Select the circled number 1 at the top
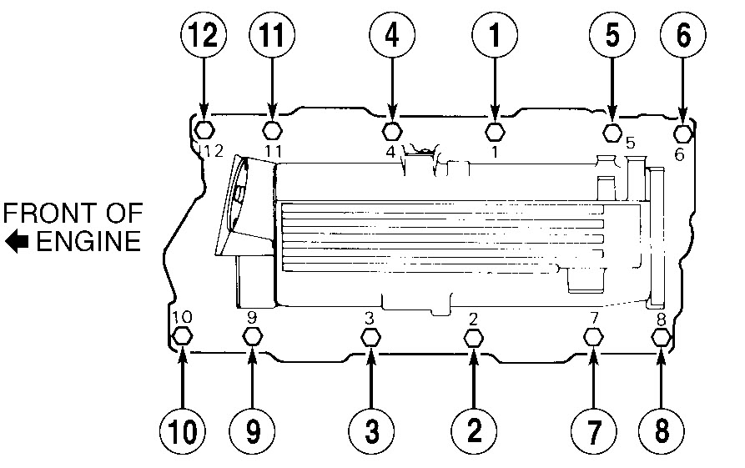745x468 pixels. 495,37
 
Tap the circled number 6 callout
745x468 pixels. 683,37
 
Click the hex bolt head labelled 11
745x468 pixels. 272,130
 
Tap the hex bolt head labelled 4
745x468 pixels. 392,131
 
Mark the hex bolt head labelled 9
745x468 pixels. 252,336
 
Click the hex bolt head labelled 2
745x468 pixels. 473,338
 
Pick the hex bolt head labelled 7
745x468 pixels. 593,336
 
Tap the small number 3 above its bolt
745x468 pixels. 368,317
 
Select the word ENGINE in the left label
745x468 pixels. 88,242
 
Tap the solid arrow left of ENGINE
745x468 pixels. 17,243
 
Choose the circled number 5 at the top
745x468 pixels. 612,37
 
